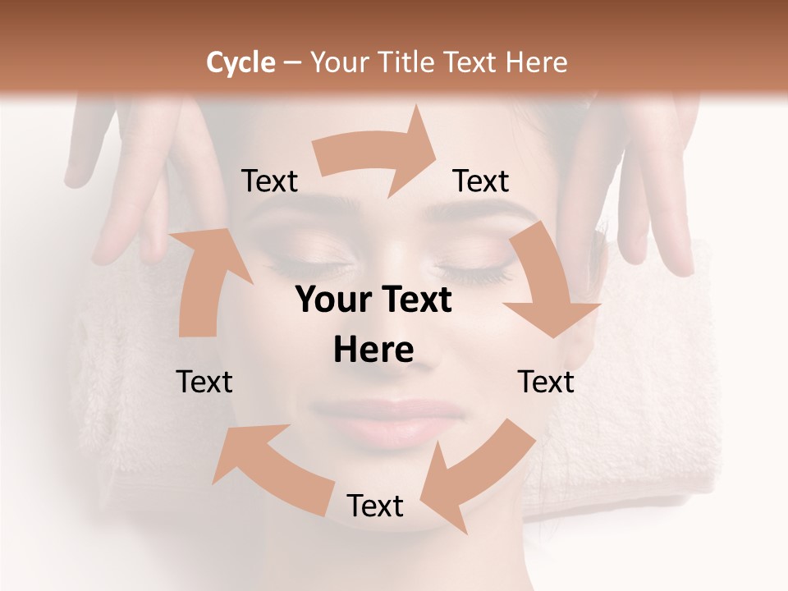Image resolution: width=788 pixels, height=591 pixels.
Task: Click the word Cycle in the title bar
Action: (x=241, y=62)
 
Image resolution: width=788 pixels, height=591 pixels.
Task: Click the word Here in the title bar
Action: (x=539, y=62)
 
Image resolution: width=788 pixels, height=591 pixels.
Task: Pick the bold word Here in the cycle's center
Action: (x=373, y=350)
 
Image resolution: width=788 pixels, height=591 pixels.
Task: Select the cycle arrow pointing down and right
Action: (x=550, y=283)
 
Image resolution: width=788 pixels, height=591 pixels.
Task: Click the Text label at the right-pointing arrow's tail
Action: (x=269, y=181)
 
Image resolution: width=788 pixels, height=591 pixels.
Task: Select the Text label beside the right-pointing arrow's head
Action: (x=481, y=181)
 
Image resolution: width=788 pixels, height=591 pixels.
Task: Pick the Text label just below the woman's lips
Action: (x=375, y=506)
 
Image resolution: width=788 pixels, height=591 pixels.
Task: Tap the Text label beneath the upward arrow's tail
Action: (x=204, y=382)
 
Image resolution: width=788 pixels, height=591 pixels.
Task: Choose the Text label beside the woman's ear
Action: (x=546, y=382)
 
